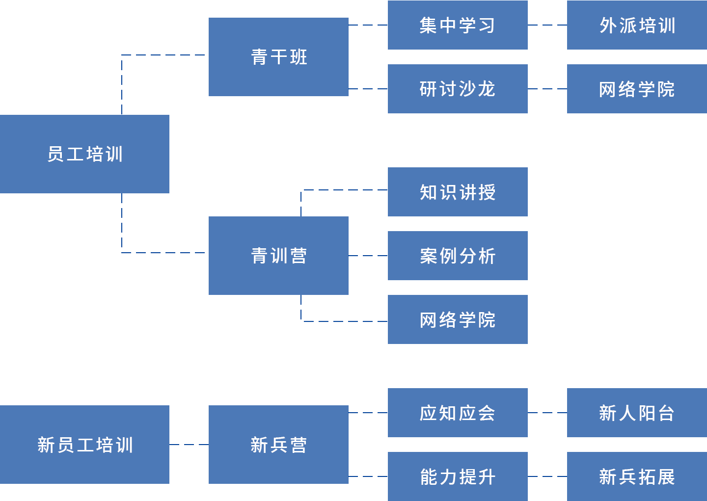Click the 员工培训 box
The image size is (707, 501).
[x=84, y=154]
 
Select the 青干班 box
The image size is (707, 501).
[x=278, y=57]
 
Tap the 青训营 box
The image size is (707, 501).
[x=278, y=256]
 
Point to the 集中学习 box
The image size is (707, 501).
[x=458, y=25]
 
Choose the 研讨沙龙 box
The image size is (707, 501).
[x=458, y=89]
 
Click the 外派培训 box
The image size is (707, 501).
[x=637, y=25]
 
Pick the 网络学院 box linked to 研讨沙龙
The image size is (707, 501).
[x=637, y=89]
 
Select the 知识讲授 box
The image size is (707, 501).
[x=458, y=192]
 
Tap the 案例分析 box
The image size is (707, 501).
[x=458, y=256]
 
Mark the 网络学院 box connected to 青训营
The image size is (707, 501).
[x=458, y=319]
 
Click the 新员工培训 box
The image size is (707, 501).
[x=84, y=445]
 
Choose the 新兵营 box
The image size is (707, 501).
[x=278, y=445]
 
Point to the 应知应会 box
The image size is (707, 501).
[x=458, y=413]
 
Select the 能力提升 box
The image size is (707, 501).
[x=458, y=476]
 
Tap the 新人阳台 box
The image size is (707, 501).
[x=637, y=413]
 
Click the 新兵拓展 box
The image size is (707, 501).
[x=637, y=476]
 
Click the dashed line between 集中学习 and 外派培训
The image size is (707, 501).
[x=547, y=25]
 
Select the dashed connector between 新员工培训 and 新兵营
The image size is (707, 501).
[x=189, y=445]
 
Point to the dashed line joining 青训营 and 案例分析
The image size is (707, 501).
[x=368, y=256]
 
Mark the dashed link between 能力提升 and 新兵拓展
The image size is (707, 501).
[x=547, y=476]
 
